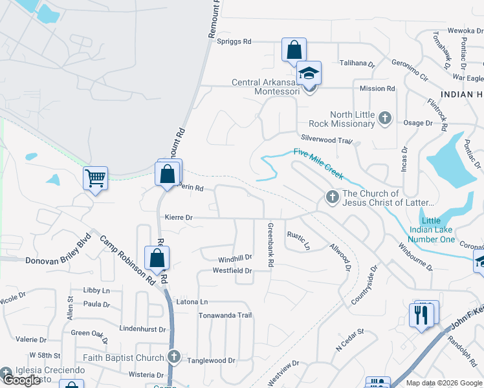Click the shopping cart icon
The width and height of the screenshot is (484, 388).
click(96, 177)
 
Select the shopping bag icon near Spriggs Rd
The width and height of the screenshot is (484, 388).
click(294, 49)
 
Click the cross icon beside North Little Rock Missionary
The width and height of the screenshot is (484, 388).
click(385, 118)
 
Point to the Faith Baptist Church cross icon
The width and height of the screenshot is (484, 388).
click(173, 357)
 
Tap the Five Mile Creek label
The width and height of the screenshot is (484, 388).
click(318, 162)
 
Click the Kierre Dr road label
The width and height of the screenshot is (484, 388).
click(179, 218)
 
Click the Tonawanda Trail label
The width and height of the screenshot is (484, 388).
click(225, 315)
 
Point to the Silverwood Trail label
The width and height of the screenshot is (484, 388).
click(326, 139)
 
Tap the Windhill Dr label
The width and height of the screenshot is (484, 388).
click(234, 258)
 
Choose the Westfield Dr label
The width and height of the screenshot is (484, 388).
click(232, 270)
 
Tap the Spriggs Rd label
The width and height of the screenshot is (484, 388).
click(234, 41)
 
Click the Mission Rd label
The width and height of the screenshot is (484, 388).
click(377, 89)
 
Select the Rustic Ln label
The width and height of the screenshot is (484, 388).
click(299, 241)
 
